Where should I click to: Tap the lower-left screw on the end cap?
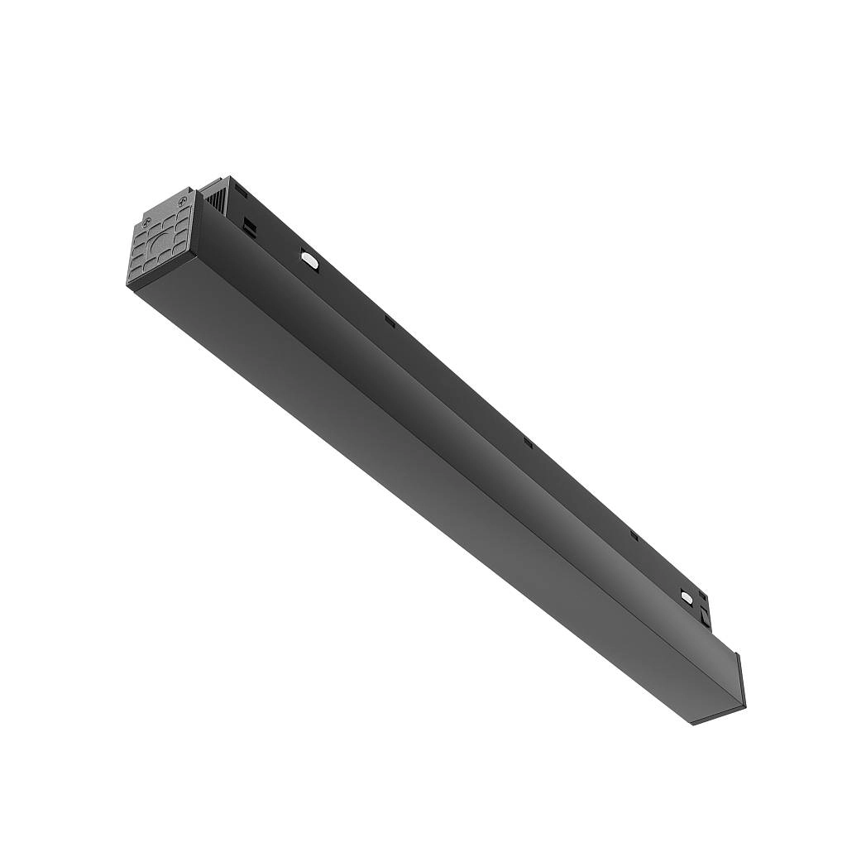146,222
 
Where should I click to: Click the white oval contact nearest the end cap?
309,260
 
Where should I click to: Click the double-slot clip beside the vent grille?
247,223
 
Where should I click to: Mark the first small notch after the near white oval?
389,322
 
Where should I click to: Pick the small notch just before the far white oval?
634,536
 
